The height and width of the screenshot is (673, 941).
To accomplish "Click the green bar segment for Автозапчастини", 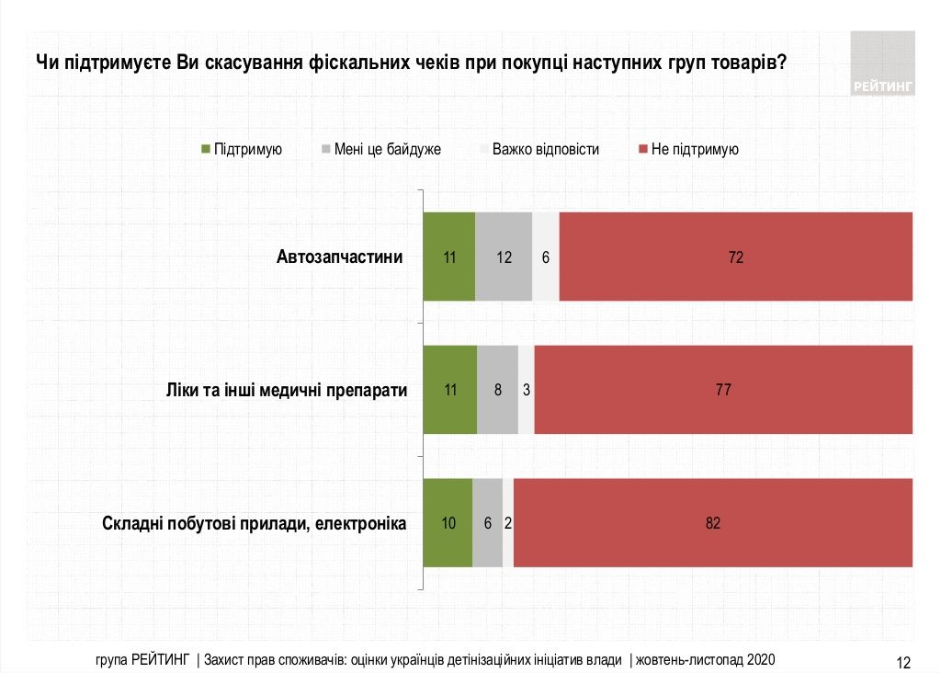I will (x=448, y=257).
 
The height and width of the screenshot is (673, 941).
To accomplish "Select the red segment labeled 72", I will (x=735, y=257).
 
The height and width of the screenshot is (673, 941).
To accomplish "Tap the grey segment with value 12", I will (x=504, y=257).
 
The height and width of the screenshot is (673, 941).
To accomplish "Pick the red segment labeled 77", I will (x=723, y=390).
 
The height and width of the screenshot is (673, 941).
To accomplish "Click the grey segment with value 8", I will (x=497, y=390).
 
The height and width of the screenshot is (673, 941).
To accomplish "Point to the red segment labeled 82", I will (x=713, y=523).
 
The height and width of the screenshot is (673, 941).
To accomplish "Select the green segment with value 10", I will (x=448, y=523).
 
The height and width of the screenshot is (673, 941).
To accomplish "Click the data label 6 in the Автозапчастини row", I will (x=546, y=257).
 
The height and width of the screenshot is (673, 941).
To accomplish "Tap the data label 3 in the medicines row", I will (x=526, y=390).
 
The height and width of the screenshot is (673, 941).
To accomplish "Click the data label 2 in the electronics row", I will (x=508, y=523).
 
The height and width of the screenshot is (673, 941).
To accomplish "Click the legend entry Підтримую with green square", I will (x=241, y=149).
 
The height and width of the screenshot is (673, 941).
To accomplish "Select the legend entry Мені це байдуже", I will (x=380, y=149).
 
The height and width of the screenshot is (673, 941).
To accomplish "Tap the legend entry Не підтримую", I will (x=687, y=149).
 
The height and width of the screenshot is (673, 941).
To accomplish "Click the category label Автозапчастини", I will (x=339, y=257).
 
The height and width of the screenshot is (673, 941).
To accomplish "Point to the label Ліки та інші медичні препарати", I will (x=281, y=390).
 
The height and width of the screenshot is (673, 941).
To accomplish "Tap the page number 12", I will (x=902, y=661).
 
